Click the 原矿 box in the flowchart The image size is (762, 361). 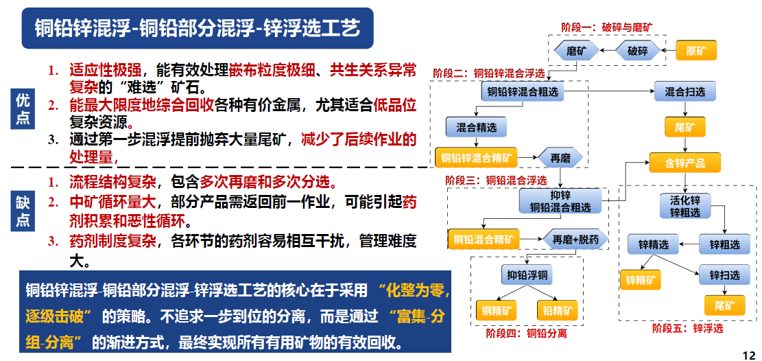click(x=696, y=51)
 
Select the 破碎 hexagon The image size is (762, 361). click(x=638, y=51)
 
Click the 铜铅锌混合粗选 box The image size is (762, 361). click(x=523, y=91)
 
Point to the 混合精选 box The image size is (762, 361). click(x=471, y=127)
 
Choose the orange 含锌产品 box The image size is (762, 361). click(x=685, y=163)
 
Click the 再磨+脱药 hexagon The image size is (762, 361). click(x=575, y=240)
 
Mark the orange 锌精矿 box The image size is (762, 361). click(x=642, y=279)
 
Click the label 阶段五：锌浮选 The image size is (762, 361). click(x=687, y=328)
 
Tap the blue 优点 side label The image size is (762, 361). click(x=23, y=109)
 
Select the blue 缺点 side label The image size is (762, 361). click(x=23, y=211)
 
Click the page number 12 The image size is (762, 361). click(x=748, y=354)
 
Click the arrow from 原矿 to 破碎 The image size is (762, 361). click(x=669, y=51)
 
